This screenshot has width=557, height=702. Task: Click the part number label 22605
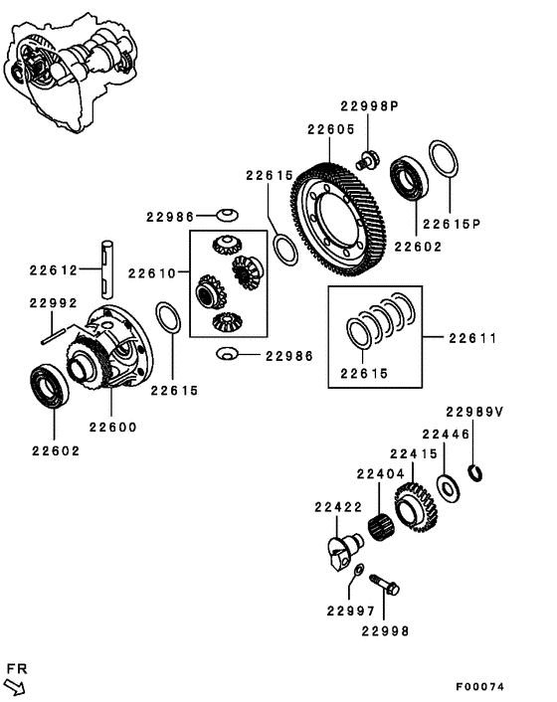[330, 129]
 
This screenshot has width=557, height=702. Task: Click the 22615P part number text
[451, 224]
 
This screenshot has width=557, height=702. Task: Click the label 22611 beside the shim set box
[471, 339]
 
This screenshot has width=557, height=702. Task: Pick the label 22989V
[474, 412]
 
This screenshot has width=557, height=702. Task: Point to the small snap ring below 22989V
[475, 471]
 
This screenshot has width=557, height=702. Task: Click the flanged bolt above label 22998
[386, 583]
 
